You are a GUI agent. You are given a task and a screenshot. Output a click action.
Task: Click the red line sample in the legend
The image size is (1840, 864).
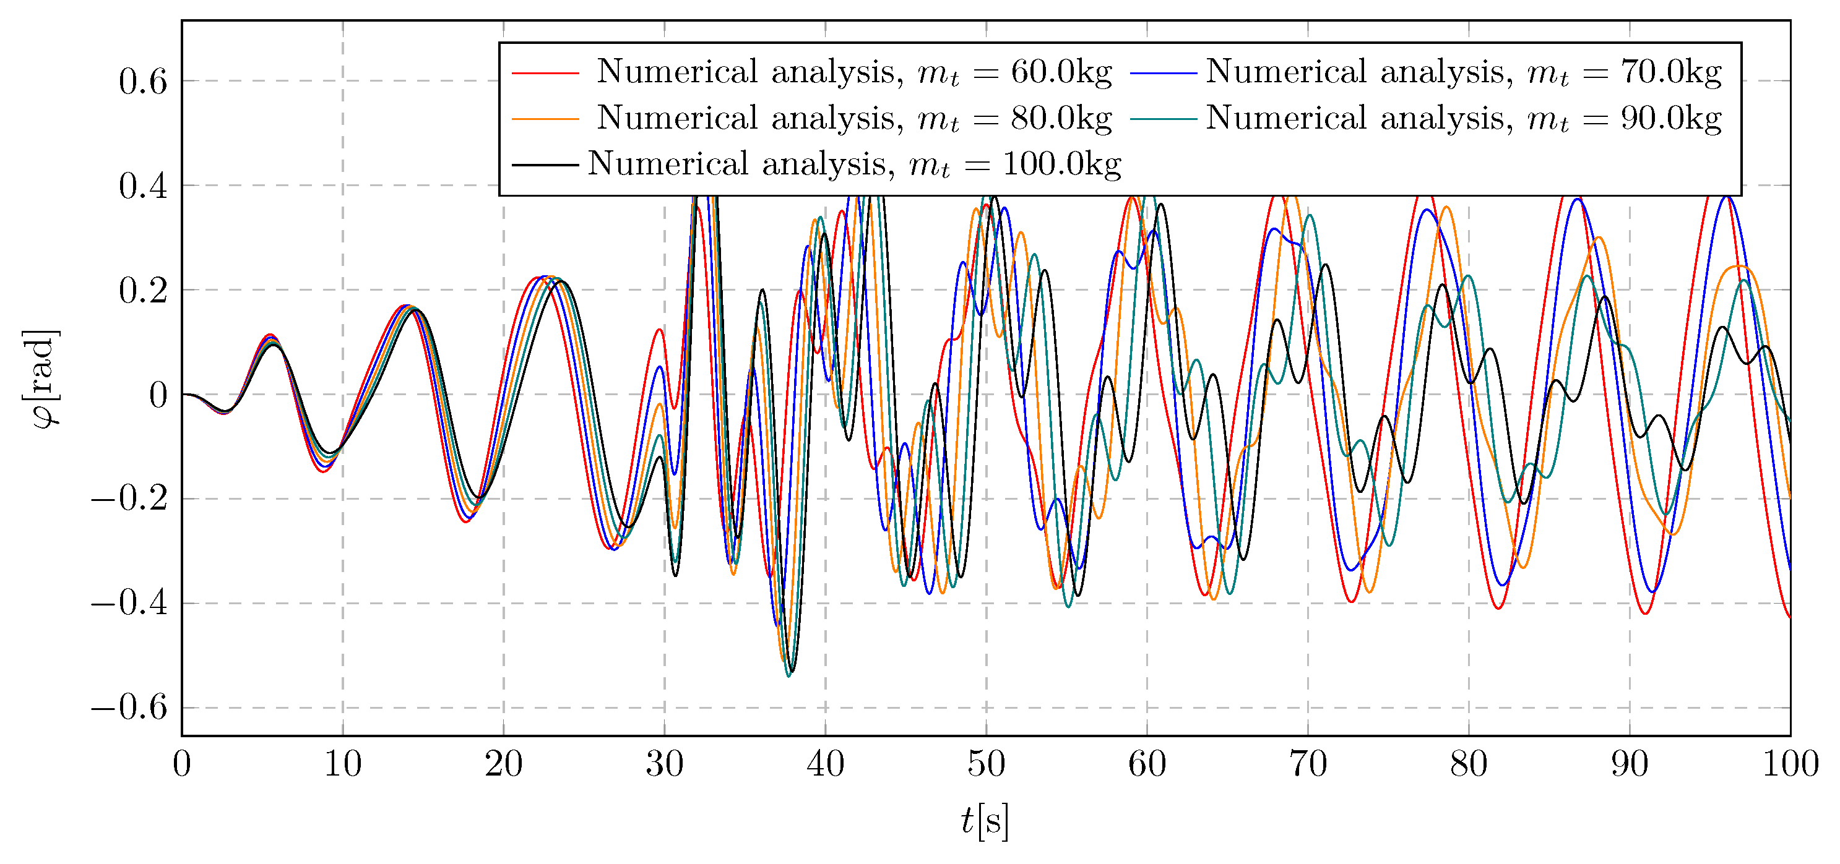(x=545, y=73)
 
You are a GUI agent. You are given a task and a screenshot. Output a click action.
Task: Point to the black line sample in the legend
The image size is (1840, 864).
(x=545, y=165)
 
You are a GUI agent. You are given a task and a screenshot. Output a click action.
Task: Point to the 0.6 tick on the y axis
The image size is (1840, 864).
(x=143, y=82)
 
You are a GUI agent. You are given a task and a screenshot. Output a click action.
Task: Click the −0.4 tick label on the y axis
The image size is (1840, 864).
(x=129, y=604)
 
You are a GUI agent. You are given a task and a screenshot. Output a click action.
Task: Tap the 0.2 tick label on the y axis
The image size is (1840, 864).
(x=143, y=291)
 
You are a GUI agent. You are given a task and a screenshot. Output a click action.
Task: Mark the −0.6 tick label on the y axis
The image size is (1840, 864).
(x=129, y=708)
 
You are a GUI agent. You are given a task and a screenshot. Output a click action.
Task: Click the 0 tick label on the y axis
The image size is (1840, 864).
(x=158, y=395)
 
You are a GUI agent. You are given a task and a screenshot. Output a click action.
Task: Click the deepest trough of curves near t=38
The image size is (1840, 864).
(x=788, y=675)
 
